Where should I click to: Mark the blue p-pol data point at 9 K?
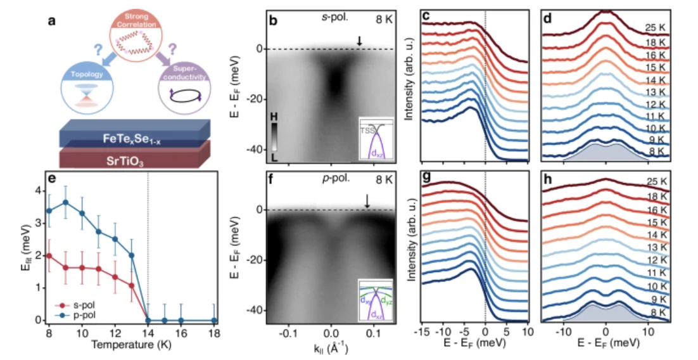point(65,203)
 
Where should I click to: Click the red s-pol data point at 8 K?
point(49,255)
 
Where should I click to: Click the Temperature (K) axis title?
point(131,345)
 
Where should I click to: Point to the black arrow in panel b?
point(359,41)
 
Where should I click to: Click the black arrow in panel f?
point(366,202)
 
